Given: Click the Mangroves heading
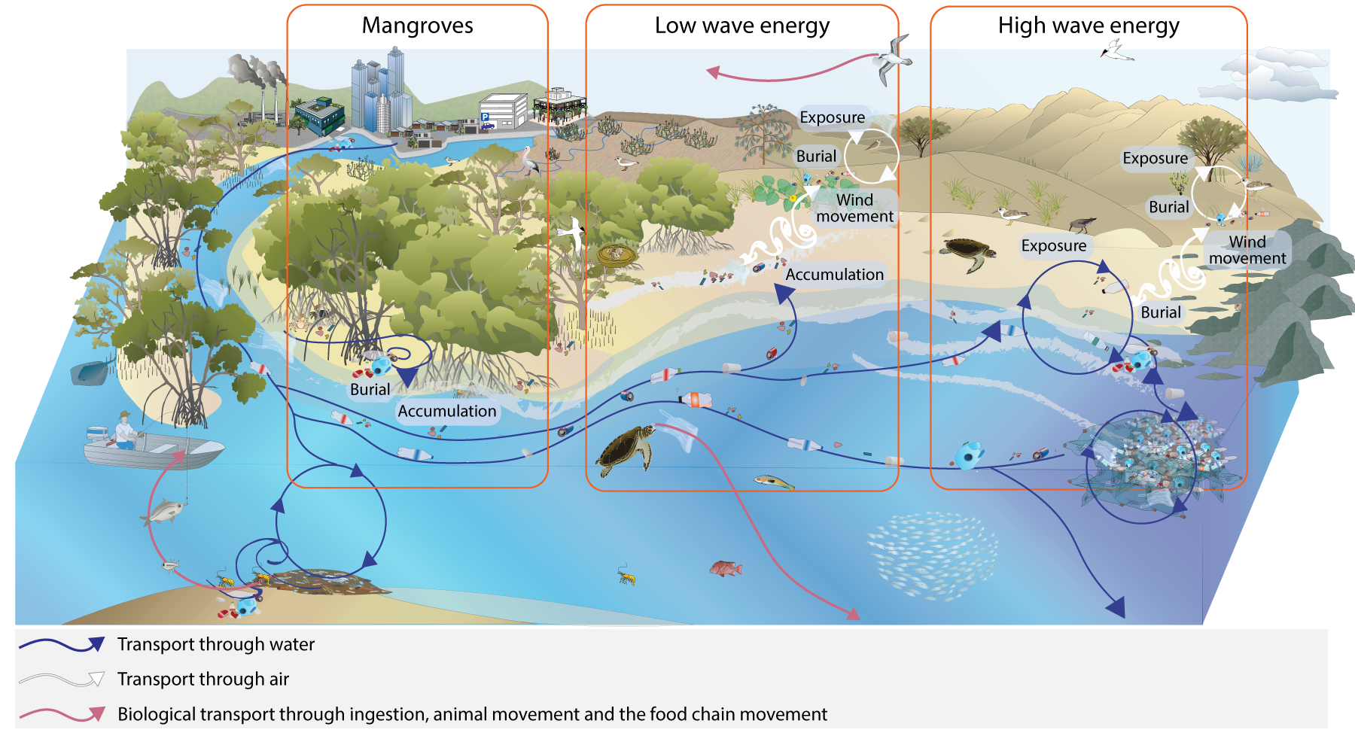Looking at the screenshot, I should click(417, 26).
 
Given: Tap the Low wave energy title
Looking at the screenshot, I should click(741, 26).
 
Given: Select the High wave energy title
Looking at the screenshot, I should click(1088, 26).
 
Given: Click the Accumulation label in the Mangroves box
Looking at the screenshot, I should click(446, 412).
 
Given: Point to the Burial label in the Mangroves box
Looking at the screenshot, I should click(370, 390).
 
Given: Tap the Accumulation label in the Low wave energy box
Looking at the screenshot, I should click(834, 275).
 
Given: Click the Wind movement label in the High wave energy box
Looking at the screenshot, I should click(1247, 250).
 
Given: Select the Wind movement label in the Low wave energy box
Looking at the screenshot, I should click(854, 208).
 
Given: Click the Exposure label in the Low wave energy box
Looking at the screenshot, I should click(832, 117).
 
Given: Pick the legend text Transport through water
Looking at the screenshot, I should click(216, 645).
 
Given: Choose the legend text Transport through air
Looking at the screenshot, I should click(203, 680).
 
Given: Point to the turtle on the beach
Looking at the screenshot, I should click(968, 253).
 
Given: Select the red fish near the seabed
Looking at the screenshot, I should click(726, 568).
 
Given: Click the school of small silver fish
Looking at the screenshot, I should click(932, 555).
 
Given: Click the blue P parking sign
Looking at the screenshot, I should click(485, 117).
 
